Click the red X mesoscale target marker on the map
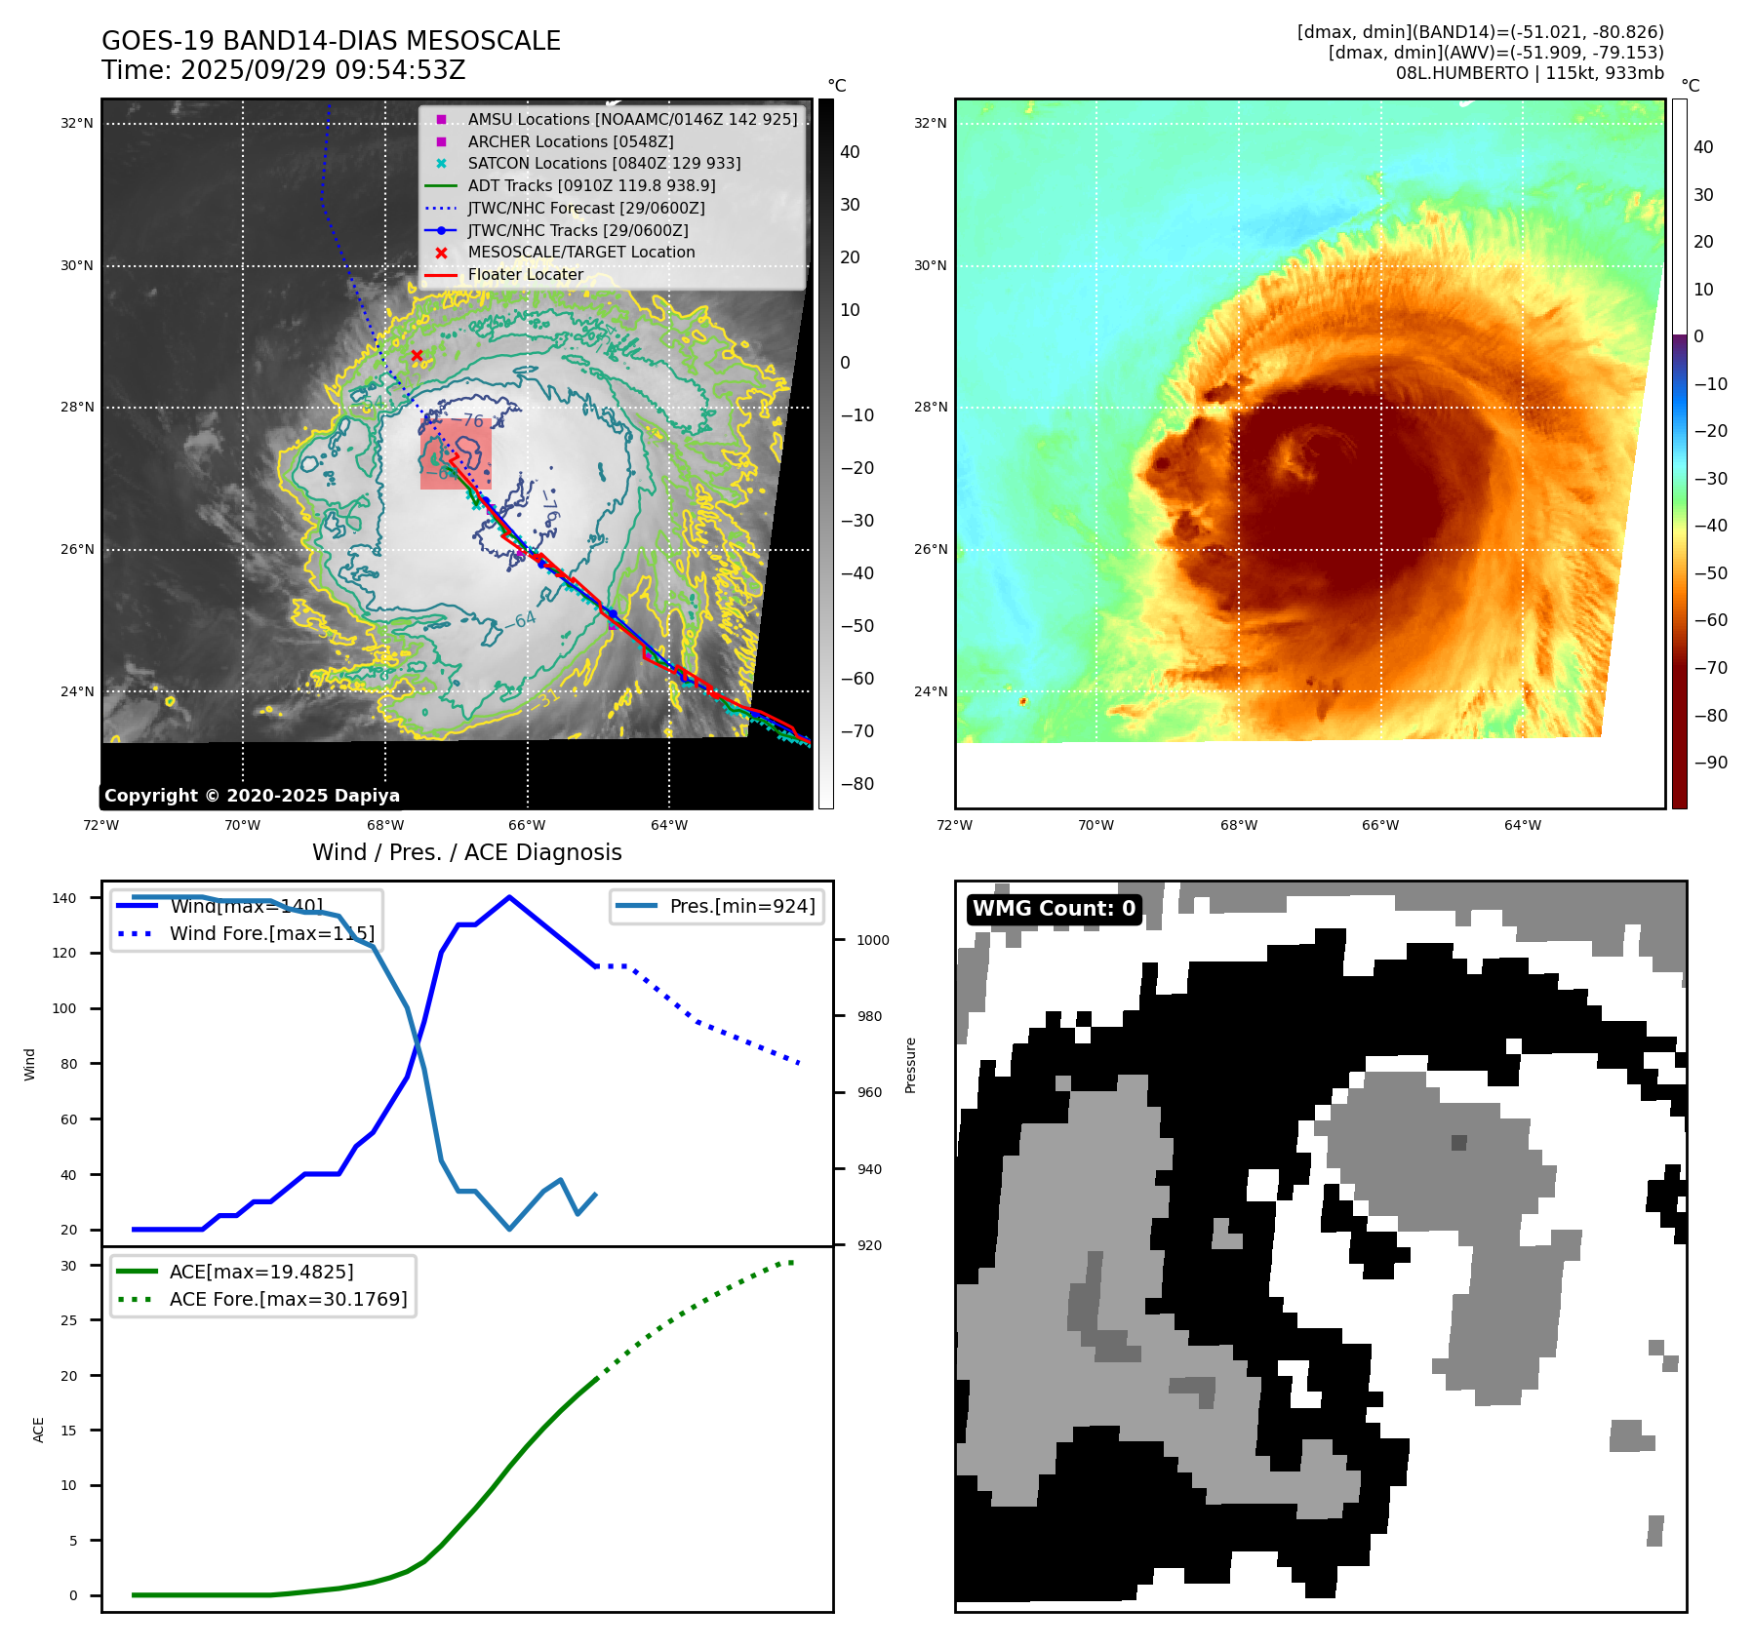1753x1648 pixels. pos(417,355)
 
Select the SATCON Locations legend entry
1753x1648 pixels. pos(604,164)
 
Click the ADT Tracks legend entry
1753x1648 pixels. pos(591,185)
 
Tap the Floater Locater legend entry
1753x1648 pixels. pos(525,275)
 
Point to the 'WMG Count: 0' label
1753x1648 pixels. pos(1054,909)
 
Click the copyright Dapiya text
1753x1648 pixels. pos(252,796)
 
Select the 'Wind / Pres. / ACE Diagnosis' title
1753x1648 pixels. pos(466,852)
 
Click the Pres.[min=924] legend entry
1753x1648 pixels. pos(741,906)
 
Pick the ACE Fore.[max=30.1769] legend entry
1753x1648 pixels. pos(288,1299)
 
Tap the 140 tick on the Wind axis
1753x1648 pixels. pos(64,898)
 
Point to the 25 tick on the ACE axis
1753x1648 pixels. pos(68,1320)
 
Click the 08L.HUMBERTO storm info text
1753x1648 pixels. pos(1529,73)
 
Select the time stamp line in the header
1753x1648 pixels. pos(284,70)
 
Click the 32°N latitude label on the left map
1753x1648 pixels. pos(77,124)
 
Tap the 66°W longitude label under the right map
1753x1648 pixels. pos(1380,825)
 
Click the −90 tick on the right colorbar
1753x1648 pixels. pos(1710,763)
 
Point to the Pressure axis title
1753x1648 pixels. pos(910,1065)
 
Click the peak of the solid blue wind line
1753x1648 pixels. pos(509,897)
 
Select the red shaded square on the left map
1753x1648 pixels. pos(456,454)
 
